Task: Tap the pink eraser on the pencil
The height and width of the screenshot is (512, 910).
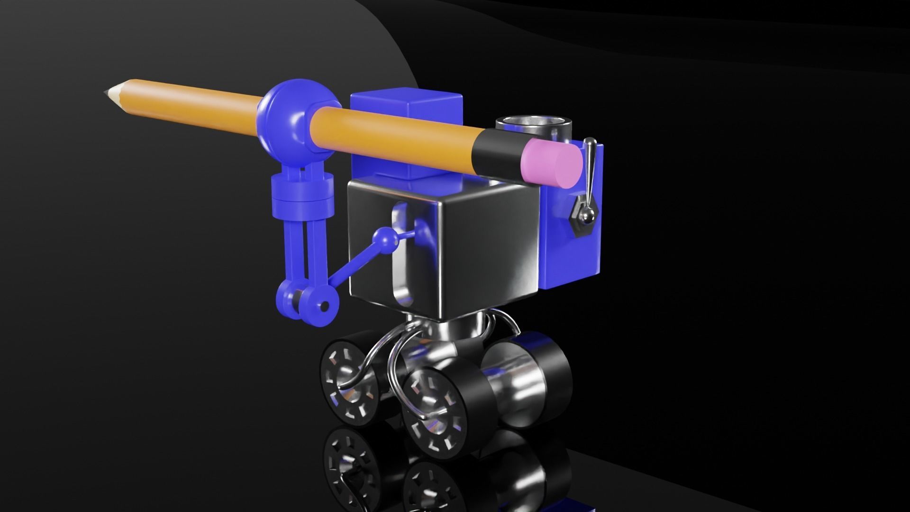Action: pos(552,163)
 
